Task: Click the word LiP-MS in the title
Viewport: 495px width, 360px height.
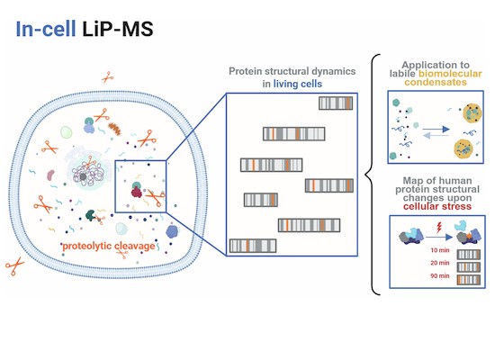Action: pos(118,29)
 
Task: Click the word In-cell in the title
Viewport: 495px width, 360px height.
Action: pos(46,29)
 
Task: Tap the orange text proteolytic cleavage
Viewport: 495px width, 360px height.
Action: pos(109,247)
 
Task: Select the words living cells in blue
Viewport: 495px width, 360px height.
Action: pos(298,84)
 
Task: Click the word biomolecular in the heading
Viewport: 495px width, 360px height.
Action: pos(450,74)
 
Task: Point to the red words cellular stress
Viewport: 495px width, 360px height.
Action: pos(437,206)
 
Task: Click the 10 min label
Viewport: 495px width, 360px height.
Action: pos(440,250)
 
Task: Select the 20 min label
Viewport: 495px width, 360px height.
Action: pos(440,263)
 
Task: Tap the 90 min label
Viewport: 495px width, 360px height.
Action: pos(440,275)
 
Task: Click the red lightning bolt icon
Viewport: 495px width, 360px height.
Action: pos(439,228)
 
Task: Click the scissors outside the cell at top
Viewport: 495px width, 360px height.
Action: pos(107,77)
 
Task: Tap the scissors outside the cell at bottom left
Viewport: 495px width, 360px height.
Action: pos(14,265)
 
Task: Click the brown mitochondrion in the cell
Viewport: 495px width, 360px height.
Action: pos(114,129)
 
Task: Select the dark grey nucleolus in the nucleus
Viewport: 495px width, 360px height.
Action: pos(83,176)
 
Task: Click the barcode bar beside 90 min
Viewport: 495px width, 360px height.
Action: pos(469,280)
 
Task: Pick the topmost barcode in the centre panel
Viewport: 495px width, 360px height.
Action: pos(336,103)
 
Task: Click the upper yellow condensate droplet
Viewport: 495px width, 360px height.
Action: pos(472,113)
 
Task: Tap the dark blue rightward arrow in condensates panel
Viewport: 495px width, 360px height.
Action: pos(436,129)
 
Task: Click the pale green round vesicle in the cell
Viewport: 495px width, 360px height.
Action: pos(67,132)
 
